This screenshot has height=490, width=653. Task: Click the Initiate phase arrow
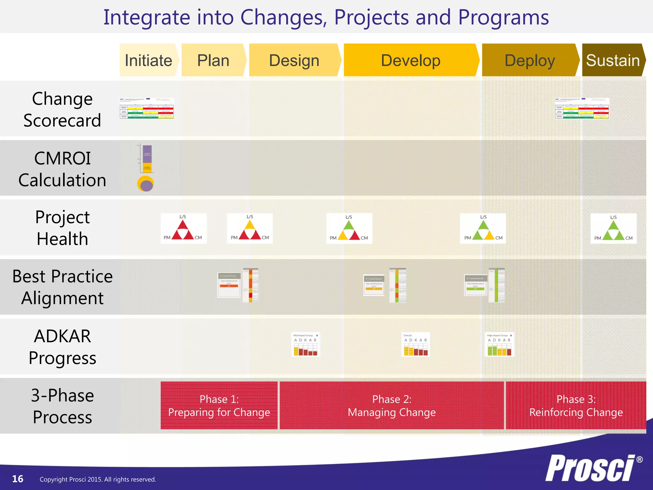(x=149, y=60)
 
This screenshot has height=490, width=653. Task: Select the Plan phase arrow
(x=213, y=60)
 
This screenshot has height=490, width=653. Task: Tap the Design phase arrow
(x=294, y=60)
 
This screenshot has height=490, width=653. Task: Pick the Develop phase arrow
(x=411, y=60)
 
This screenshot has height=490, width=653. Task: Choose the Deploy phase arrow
(x=530, y=60)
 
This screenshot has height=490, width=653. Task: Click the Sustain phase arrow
(x=613, y=60)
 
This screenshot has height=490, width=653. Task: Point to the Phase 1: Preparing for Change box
(x=219, y=405)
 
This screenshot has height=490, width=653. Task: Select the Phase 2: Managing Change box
(x=392, y=405)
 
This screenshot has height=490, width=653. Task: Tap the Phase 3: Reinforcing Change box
(x=576, y=405)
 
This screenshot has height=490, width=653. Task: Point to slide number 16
(x=18, y=479)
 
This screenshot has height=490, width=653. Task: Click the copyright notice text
(x=98, y=479)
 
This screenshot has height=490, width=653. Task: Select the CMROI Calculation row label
(x=62, y=169)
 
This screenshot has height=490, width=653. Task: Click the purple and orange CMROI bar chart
(x=147, y=159)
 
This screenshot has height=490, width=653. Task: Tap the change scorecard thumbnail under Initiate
(x=147, y=108)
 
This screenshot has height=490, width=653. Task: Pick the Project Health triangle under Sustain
(x=613, y=229)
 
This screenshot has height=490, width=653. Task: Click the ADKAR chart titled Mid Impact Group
(x=305, y=345)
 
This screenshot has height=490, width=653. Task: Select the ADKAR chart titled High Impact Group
(x=499, y=345)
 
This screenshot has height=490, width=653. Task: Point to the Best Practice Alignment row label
(x=62, y=287)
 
